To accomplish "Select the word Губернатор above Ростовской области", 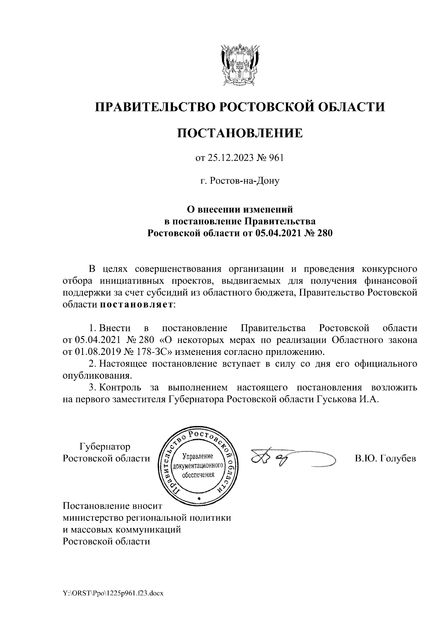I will click(x=105, y=447).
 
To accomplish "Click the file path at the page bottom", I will click(x=113, y=594).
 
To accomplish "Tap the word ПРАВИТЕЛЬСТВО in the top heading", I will click(x=154, y=107).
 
